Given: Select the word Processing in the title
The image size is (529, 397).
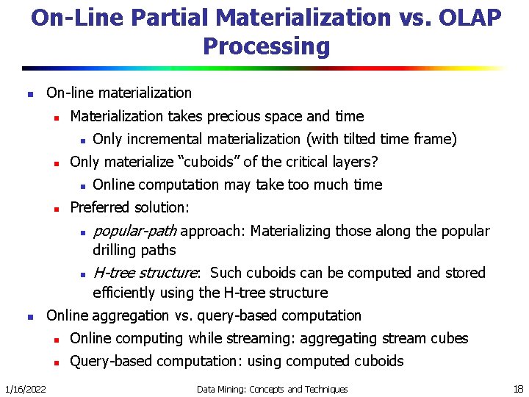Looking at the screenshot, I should pos(266,46).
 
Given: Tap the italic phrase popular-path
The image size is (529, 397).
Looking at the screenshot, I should pos(135,231).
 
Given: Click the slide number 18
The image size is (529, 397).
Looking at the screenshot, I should pos(517,388).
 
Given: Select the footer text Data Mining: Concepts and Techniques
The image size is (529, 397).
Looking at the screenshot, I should pos(272,389).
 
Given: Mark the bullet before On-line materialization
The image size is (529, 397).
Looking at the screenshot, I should pos(28,94).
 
